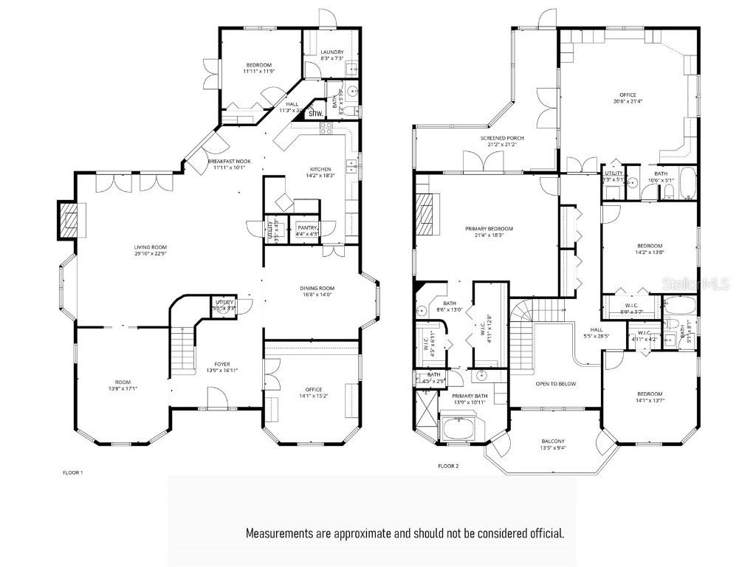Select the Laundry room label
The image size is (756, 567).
point(331,52)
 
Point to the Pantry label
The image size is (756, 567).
point(306,227)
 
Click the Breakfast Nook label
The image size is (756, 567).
point(229,161)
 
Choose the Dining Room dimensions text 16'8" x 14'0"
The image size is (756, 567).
point(317,295)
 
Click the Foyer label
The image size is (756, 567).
point(222,363)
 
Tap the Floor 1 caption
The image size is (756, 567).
point(72,472)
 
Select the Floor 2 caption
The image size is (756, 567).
point(448,466)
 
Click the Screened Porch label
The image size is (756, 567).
point(502,138)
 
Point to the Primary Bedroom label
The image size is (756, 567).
point(489,229)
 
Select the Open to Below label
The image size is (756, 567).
point(556,384)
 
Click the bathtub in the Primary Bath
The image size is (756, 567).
point(461,430)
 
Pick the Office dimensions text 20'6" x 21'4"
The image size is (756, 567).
point(627,101)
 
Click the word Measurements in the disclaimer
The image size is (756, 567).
point(281,532)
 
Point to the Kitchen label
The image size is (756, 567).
point(320,169)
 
